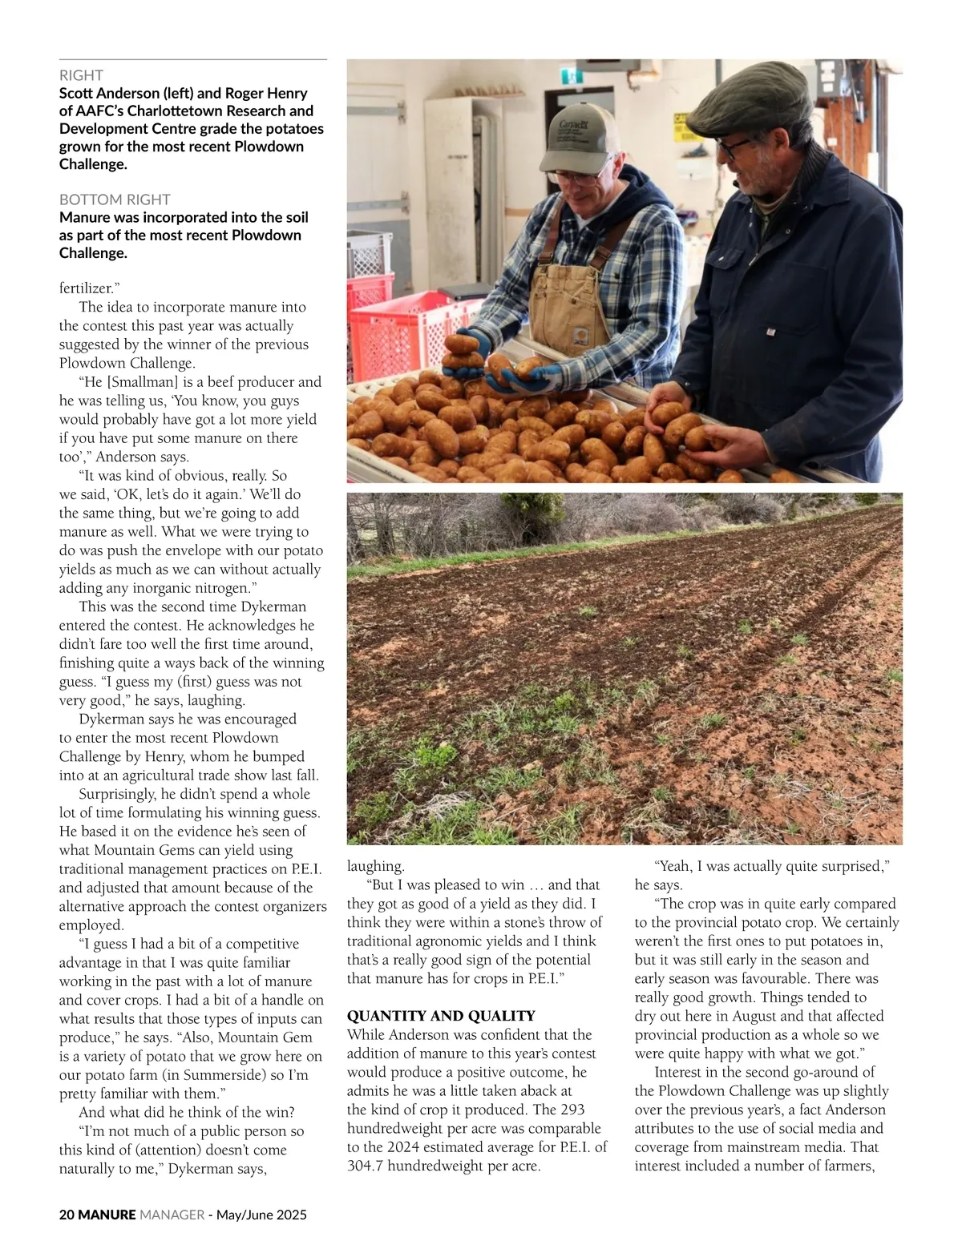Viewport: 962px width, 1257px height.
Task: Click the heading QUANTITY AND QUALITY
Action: pyautogui.click(x=441, y=1016)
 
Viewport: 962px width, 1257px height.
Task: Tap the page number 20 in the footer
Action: pyautogui.click(x=67, y=1215)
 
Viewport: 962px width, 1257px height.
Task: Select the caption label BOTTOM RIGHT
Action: pyautogui.click(x=115, y=199)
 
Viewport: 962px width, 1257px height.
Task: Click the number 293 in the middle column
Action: pyautogui.click(x=572, y=1110)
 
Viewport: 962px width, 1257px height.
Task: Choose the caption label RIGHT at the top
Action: pyautogui.click(x=81, y=75)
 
